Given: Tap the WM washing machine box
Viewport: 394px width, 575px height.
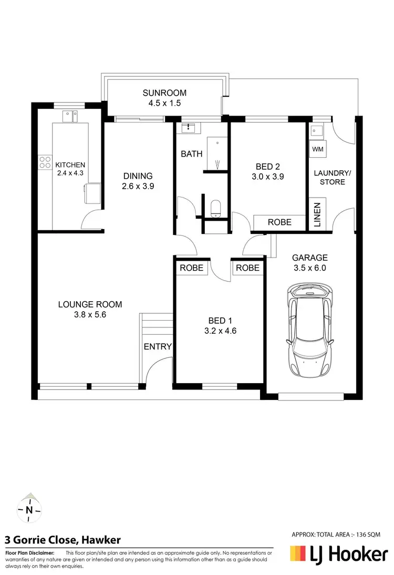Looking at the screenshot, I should pos(317,149).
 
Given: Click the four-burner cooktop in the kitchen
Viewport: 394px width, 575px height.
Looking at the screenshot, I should pos(45,162).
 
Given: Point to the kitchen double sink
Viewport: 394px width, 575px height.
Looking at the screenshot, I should pos(69,116).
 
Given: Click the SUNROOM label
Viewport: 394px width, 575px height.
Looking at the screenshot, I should pos(164,93).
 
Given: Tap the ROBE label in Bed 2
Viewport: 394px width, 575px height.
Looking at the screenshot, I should pos(279,222).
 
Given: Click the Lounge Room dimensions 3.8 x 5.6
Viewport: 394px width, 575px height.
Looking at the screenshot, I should pos(90,314).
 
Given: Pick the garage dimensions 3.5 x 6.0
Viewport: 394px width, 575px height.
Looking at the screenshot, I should pos(310,268).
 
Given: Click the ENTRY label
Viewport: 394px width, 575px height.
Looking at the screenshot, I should pos(158,346).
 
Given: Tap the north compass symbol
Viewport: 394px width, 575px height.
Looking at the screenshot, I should pos(29,509).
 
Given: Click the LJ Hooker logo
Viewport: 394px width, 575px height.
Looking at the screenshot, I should pos(339,554).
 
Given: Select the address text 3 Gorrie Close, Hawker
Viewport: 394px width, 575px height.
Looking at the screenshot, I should pos(63,540).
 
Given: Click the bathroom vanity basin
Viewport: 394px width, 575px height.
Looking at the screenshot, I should pos(188,128).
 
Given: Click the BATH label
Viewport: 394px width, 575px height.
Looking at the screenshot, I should pos(192,154).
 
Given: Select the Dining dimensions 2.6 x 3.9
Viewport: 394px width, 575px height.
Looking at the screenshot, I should pos(138,186).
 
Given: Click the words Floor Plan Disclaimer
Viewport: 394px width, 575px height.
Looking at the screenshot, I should pos(29,553).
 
